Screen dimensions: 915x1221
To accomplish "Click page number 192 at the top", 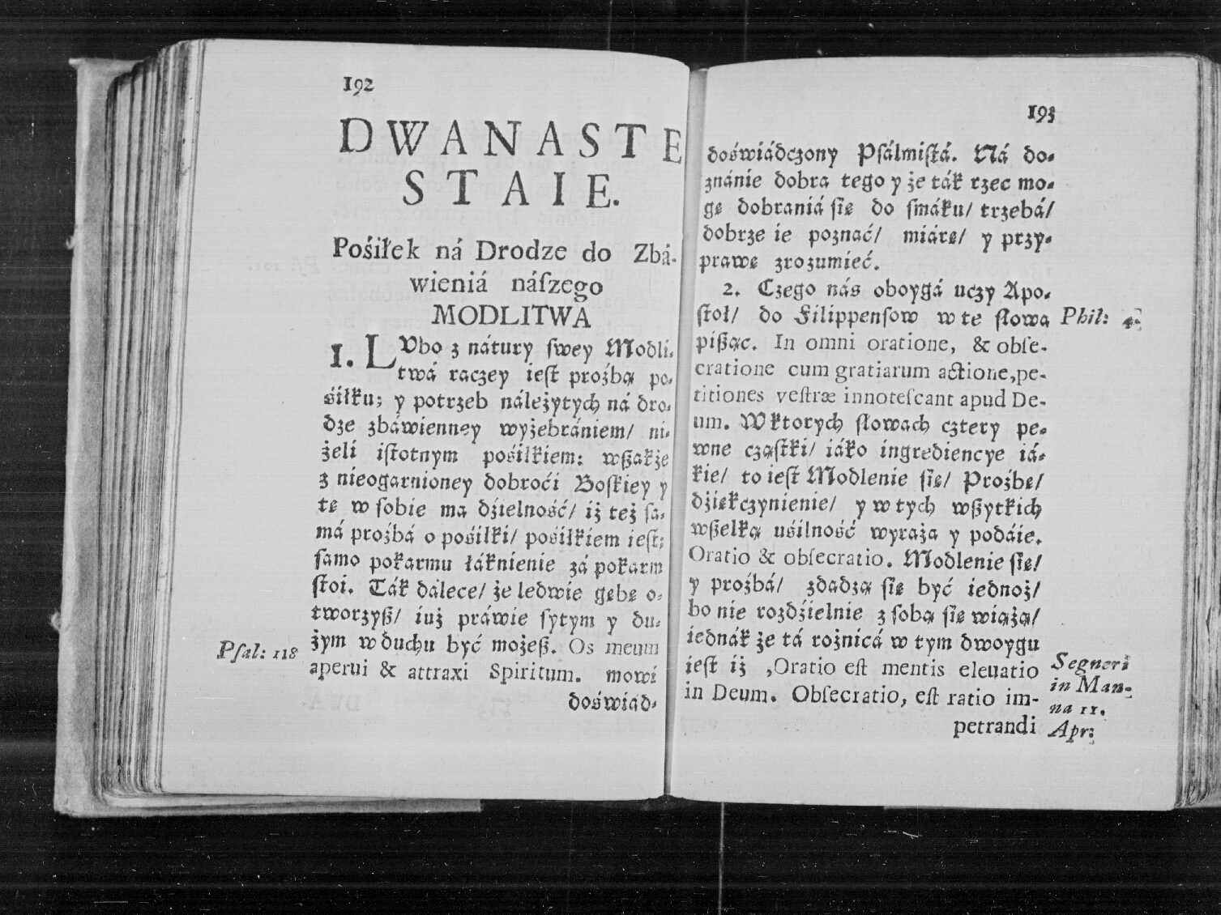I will [x=358, y=84].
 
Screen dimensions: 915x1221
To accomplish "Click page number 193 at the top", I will [x=1042, y=114].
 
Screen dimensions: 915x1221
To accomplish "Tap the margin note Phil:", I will [x=1085, y=316].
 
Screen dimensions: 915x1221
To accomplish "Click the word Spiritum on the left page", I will [x=536, y=672].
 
